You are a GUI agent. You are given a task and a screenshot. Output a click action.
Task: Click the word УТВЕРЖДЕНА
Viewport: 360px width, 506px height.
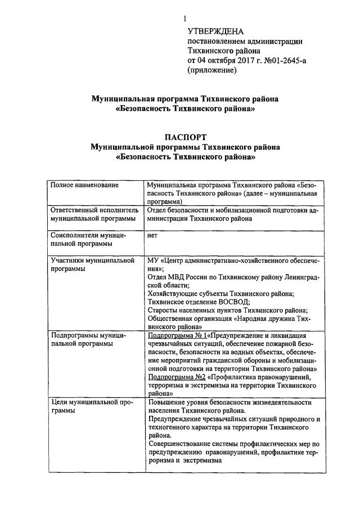tap(215, 31)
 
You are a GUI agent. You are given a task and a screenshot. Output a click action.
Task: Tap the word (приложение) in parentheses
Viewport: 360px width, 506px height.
tap(212, 71)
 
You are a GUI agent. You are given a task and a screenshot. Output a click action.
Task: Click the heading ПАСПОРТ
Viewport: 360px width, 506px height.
tap(185, 137)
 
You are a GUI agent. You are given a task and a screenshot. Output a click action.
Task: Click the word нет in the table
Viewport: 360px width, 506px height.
tap(152, 236)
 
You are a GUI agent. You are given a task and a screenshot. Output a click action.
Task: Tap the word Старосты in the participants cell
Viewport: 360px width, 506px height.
tap(163, 310)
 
